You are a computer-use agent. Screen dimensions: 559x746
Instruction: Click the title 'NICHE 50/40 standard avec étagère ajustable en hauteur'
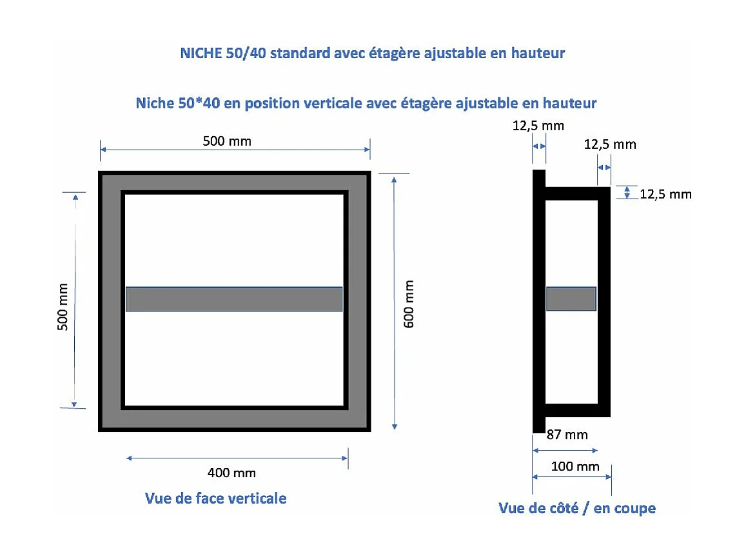372,53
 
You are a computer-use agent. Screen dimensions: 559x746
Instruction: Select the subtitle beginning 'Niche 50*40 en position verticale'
366,103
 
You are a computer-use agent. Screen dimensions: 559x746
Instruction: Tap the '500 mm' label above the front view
227,141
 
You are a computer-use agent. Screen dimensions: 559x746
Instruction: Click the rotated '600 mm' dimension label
409,304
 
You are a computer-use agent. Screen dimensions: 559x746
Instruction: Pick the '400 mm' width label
231,473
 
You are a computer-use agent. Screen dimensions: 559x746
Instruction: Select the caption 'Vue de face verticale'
215,498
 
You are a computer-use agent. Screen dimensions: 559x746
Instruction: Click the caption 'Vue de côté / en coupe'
576,508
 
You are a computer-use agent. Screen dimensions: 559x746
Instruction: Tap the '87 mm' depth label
567,435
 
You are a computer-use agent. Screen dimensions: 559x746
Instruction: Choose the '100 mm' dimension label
575,466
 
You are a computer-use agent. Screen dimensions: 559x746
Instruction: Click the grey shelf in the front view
233,299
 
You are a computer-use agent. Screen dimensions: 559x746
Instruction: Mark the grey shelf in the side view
571,299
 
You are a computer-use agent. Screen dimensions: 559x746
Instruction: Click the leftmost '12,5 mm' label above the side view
538,126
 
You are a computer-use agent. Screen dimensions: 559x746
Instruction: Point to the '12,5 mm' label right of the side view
665,194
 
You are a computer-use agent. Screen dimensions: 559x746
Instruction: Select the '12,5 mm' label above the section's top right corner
610,144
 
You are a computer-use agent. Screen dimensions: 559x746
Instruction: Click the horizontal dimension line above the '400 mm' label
237,458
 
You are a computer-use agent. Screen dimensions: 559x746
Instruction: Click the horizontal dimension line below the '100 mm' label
571,477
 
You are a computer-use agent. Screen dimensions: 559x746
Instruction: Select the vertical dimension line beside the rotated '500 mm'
75,300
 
